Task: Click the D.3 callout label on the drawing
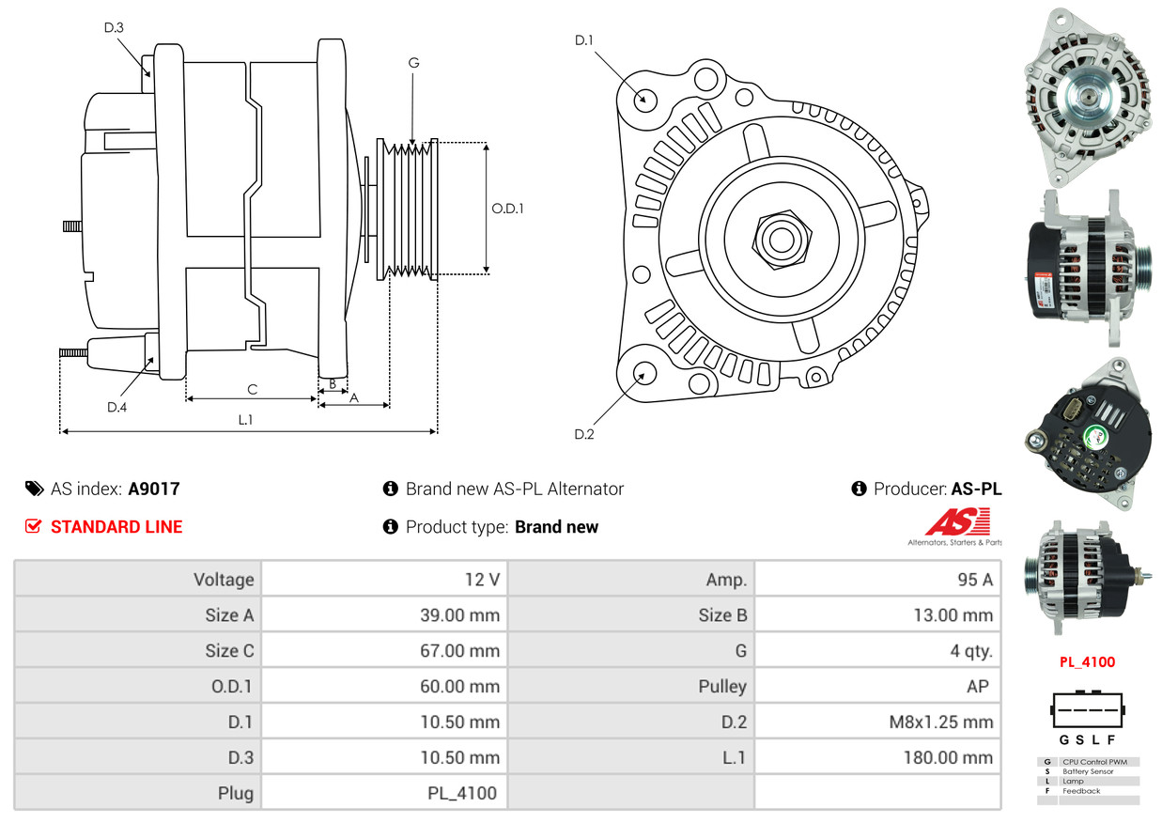114,27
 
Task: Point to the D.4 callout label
116,407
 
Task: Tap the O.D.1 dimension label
507,209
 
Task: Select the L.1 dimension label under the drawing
245,420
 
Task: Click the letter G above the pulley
413,63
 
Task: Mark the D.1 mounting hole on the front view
644,98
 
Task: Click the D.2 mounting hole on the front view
644,373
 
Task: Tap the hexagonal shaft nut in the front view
779,238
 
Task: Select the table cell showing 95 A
974,580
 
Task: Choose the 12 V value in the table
482,580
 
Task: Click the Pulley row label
722,687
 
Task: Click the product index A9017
154,489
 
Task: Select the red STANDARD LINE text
116,527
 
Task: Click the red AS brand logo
957,522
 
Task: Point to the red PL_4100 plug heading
1087,661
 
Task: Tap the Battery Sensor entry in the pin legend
1089,771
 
